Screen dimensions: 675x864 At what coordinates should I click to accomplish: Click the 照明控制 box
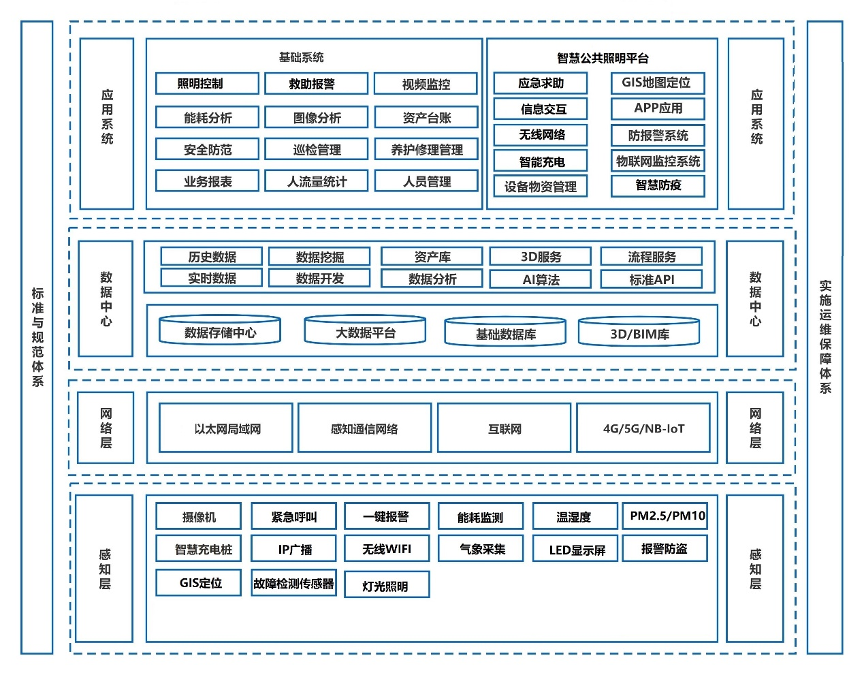[x=207, y=84]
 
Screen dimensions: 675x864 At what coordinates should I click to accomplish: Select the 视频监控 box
[x=426, y=84]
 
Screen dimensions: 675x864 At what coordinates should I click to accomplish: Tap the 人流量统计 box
[x=317, y=181]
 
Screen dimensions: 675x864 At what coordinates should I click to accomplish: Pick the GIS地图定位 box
[x=657, y=83]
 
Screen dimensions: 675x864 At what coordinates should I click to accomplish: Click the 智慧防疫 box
[x=657, y=185]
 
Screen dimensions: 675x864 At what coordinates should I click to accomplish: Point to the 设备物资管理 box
[x=540, y=186]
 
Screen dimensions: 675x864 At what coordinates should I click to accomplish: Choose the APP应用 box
[x=657, y=108]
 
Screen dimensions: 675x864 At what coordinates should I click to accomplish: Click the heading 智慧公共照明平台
[x=602, y=58]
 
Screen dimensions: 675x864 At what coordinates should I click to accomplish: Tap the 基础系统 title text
[x=301, y=57]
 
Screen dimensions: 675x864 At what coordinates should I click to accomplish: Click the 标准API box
[x=651, y=279]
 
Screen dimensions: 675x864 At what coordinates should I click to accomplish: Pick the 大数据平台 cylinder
[x=365, y=332]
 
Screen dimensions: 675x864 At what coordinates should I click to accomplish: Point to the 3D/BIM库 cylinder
[x=639, y=333]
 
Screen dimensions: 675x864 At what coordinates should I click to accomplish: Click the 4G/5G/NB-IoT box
[x=643, y=428]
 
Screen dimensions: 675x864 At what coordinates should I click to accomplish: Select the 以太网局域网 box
[x=226, y=428]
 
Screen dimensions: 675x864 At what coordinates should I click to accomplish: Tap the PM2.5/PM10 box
[x=665, y=516]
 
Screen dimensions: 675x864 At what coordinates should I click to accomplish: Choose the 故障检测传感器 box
[x=293, y=583]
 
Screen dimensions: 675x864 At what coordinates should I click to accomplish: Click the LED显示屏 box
[x=575, y=550]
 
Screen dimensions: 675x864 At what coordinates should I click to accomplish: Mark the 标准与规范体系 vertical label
[x=37, y=337]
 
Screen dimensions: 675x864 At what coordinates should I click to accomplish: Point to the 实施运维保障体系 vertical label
[x=825, y=337]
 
